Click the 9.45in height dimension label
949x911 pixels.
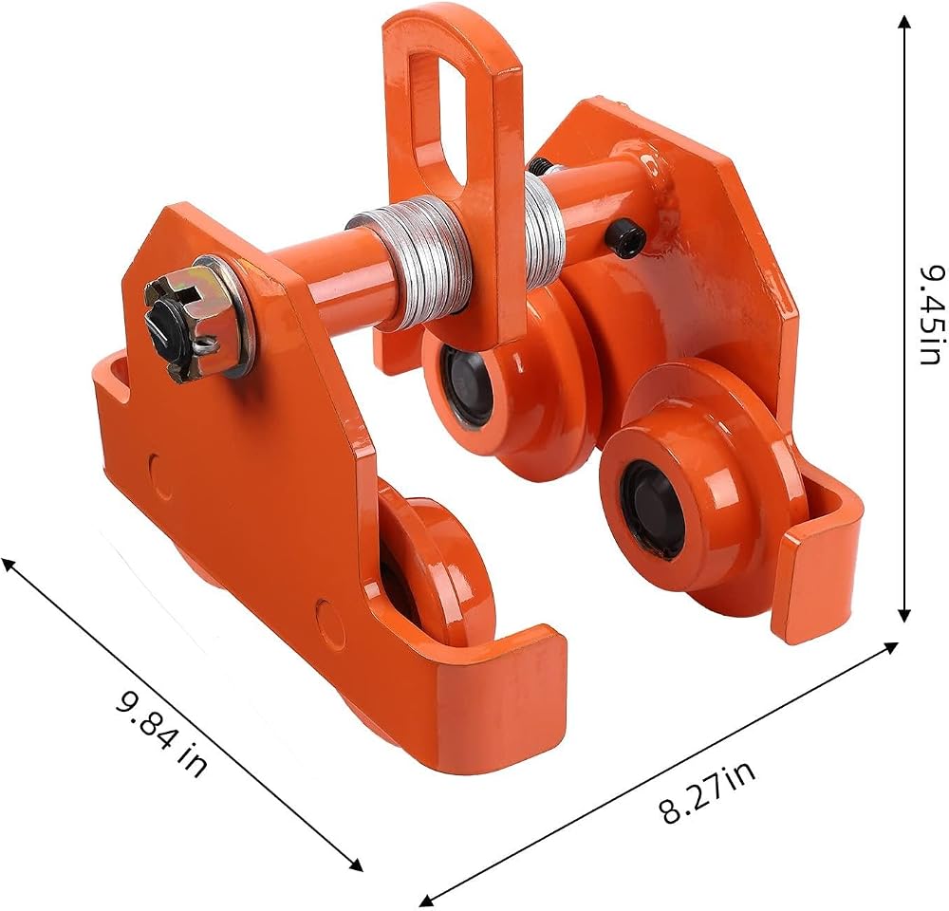coord(929,313)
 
